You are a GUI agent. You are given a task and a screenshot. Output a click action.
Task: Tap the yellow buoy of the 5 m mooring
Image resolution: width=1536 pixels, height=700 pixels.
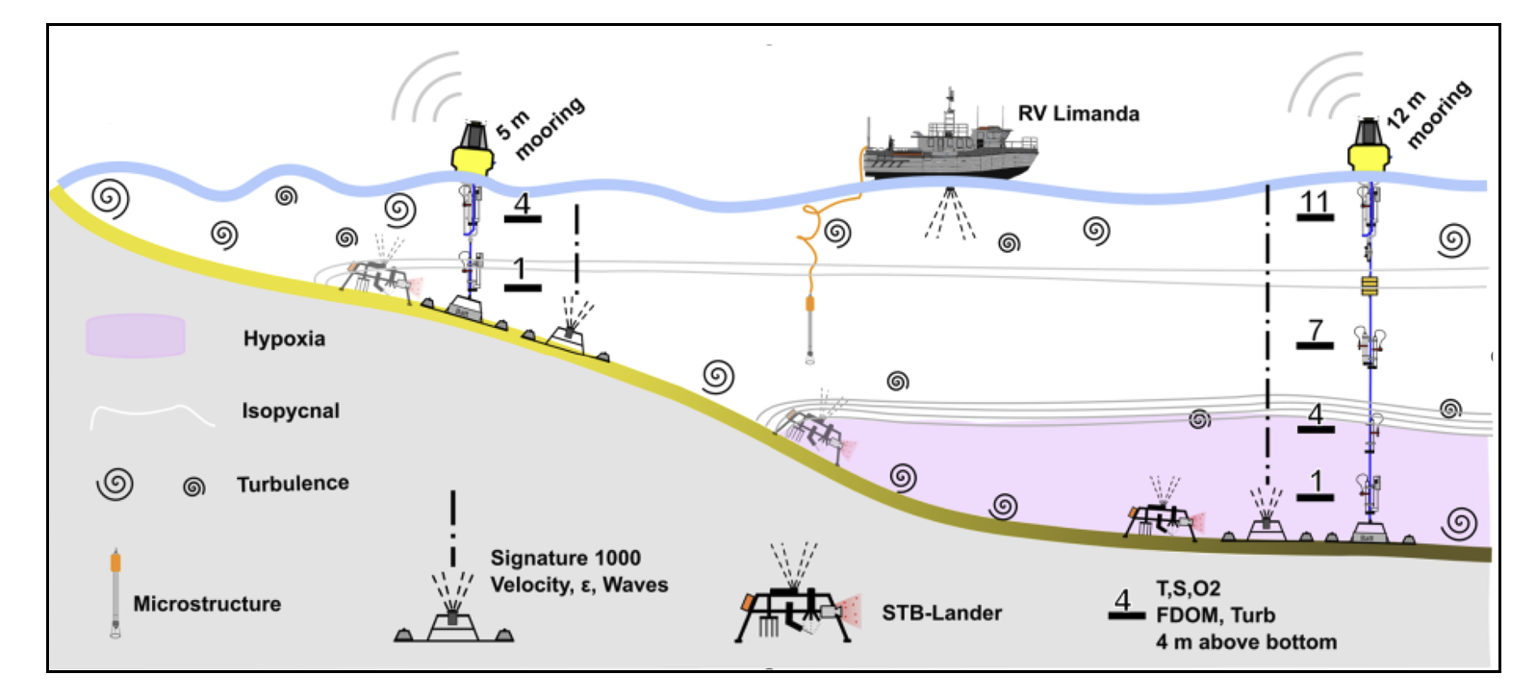pos(473,152)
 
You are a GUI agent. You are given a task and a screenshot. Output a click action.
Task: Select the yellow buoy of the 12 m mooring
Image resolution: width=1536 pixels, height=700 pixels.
pos(1368,152)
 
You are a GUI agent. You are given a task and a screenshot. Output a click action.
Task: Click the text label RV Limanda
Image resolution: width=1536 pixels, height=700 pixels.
pos(1078,113)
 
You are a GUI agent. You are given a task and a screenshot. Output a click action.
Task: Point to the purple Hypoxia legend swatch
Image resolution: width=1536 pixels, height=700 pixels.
pos(135,337)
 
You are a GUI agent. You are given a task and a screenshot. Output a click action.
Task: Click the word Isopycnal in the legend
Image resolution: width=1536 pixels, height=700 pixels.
pos(291,411)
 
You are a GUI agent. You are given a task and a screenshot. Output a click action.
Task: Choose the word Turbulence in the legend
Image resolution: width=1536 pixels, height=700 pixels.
pos(293,483)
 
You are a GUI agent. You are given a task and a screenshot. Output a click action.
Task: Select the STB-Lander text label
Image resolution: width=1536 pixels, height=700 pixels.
pos(941,612)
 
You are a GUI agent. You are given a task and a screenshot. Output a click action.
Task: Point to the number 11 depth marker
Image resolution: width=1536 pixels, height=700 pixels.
pos(1314,202)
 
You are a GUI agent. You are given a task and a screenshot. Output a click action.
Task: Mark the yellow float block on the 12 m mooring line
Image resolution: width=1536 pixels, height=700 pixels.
pos(1370,285)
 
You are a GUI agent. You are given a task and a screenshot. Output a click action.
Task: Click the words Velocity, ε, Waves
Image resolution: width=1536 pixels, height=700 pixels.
pos(578,585)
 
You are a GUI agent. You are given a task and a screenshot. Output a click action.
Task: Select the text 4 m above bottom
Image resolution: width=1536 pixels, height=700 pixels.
pos(1245,641)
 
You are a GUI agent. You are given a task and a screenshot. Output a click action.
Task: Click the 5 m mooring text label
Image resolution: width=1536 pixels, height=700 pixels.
pos(540,128)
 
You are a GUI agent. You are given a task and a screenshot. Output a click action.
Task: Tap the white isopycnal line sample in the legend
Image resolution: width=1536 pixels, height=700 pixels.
pos(151,414)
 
